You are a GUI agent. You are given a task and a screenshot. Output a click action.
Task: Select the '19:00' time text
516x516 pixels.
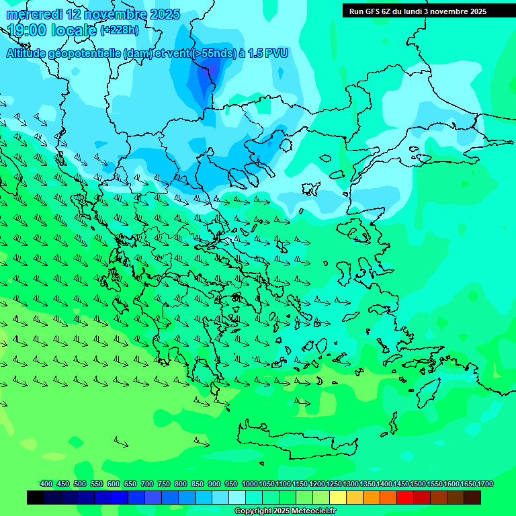click(x=26, y=30)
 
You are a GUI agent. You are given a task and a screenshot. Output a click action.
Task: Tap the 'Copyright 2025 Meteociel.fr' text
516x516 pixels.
click(x=286, y=511)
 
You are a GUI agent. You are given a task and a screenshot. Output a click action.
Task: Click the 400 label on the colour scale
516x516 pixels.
click(x=46, y=484)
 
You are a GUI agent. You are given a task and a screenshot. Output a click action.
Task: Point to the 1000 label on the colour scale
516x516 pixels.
click(x=249, y=484)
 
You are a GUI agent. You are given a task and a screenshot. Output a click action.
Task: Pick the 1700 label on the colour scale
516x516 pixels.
click(x=485, y=484)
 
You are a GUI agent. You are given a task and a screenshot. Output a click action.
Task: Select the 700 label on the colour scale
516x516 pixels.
click(x=147, y=484)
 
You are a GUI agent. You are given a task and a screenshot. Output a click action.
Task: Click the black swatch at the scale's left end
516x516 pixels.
click(x=36, y=497)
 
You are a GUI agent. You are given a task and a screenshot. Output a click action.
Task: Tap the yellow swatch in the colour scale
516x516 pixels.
click(x=338, y=497)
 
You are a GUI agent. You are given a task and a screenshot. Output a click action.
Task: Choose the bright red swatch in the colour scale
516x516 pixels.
click(x=405, y=497)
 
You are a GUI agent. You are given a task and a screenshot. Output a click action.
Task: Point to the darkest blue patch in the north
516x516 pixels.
click(x=208, y=77)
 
